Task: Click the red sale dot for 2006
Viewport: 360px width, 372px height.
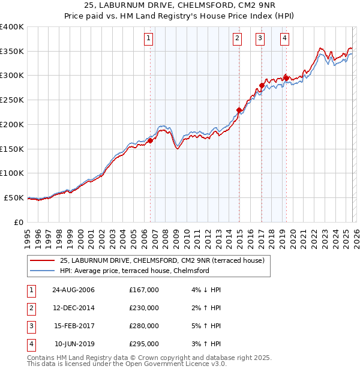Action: point(151,140)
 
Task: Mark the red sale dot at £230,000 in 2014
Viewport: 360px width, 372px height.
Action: point(239,110)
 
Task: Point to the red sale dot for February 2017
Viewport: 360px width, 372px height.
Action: point(262,85)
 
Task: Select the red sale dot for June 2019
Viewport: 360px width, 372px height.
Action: point(286,78)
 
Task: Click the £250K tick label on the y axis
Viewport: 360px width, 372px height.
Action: point(11,100)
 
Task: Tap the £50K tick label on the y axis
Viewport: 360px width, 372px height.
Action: point(14,197)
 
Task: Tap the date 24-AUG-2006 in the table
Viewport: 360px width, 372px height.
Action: point(73,290)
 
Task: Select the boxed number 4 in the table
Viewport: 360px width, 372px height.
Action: point(31,344)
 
